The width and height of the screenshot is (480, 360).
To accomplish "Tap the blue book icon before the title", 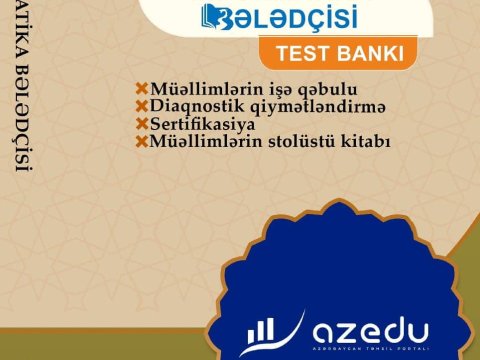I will (214, 17).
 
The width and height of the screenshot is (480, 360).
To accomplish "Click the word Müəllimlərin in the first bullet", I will (196, 88).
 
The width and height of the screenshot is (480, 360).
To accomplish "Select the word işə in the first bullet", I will (254, 89).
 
